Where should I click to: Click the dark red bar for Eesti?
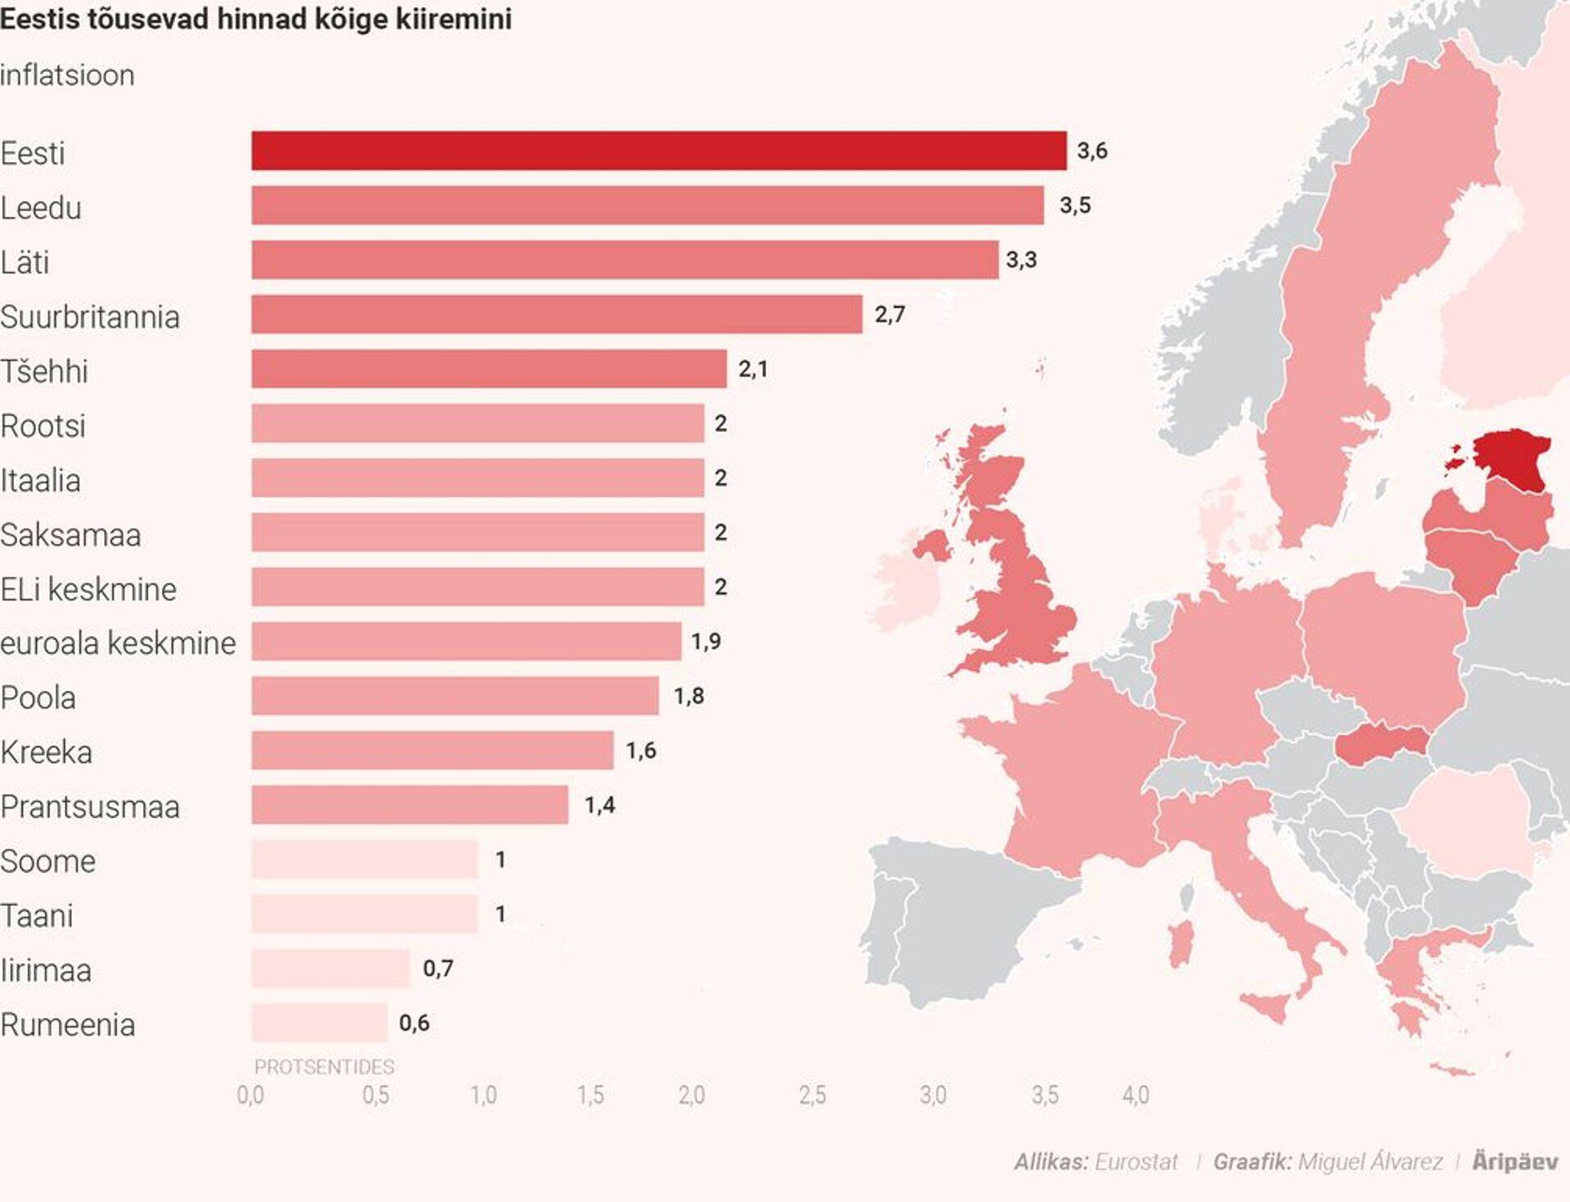tap(658, 151)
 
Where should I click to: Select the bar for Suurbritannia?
tap(556, 314)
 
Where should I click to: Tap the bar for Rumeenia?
tap(319, 1022)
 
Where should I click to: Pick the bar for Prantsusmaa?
tap(409, 804)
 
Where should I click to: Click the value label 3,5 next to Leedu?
tap(1074, 205)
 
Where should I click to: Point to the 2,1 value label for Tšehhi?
tap(752, 369)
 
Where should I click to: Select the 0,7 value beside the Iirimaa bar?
tap(437, 969)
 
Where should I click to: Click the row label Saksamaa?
tap(71, 535)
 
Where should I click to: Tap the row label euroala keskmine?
tap(118, 643)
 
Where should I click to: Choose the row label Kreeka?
tap(47, 752)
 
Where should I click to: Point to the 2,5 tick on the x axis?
tap(812, 1095)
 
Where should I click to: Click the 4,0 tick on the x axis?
tap(1135, 1095)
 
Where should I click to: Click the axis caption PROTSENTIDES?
tap(324, 1067)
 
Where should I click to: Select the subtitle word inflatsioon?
tap(67, 75)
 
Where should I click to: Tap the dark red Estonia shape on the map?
tap(1513, 458)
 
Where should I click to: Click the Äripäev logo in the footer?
tap(1514, 1161)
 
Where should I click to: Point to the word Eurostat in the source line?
tap(1136, 1162)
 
